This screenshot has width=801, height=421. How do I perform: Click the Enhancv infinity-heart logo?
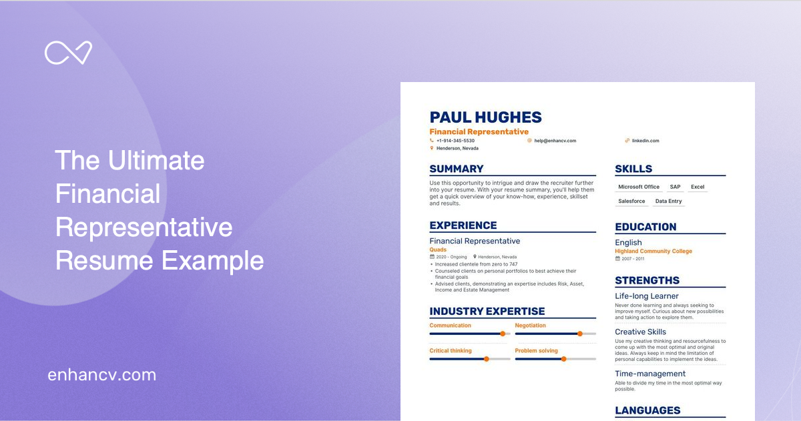coord(68,53)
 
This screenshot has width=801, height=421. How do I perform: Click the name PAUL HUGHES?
coord(485,117)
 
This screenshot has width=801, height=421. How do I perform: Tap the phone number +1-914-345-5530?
coord(455,141)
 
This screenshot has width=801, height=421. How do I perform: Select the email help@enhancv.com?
coord(555,141)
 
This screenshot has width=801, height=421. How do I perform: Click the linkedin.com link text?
coord(645,141)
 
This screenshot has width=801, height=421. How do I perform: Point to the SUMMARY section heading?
coord(457,169)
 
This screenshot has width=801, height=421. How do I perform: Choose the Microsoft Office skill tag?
coord(638,187)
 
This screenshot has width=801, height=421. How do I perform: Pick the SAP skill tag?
coord(675,187)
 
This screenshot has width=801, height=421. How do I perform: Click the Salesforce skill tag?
coord(631,201)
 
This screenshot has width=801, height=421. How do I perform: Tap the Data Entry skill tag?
coord(668,201)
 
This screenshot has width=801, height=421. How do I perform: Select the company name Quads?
coord(438,250)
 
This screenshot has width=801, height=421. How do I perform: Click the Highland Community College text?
coord(653,252)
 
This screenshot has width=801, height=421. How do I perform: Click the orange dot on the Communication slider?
coord(503,334)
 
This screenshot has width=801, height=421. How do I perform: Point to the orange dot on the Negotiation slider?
coord(579,334)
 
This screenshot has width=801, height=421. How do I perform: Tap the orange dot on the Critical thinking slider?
coord(486,359)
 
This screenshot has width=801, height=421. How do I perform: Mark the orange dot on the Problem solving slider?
coord(563,359)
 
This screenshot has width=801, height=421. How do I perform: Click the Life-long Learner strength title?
coord(646,296)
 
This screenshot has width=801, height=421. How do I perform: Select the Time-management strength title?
coord(649,374)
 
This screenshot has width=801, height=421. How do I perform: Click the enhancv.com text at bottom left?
coord(101,375)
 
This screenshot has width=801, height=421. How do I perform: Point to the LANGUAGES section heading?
coord(647,410)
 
